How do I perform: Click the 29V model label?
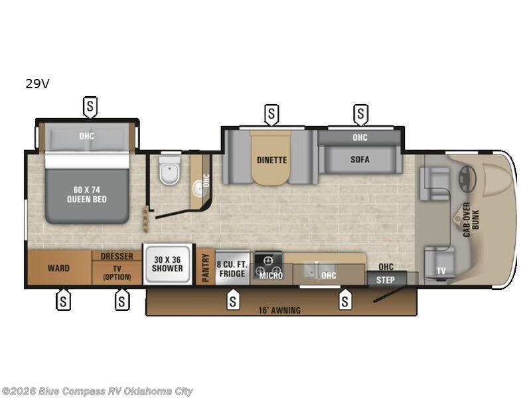(37, 84)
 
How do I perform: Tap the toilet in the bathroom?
(169, 170)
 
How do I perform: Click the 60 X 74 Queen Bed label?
(87, 194)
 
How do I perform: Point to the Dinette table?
(271, 159)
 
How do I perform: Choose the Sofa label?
(360, 159)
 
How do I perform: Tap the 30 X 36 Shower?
(167, 264)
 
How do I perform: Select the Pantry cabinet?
(206, 267)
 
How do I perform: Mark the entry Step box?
(386, 279)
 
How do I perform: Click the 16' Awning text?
(279, 310)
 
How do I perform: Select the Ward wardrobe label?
(58, 269)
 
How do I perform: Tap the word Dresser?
(117, 256)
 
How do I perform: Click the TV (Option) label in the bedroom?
(117, 273)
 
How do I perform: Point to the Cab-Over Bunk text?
(471, 220)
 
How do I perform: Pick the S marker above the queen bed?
(90, 107)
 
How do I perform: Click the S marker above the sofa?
(360, 114)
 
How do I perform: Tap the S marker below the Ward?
(63, 300)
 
